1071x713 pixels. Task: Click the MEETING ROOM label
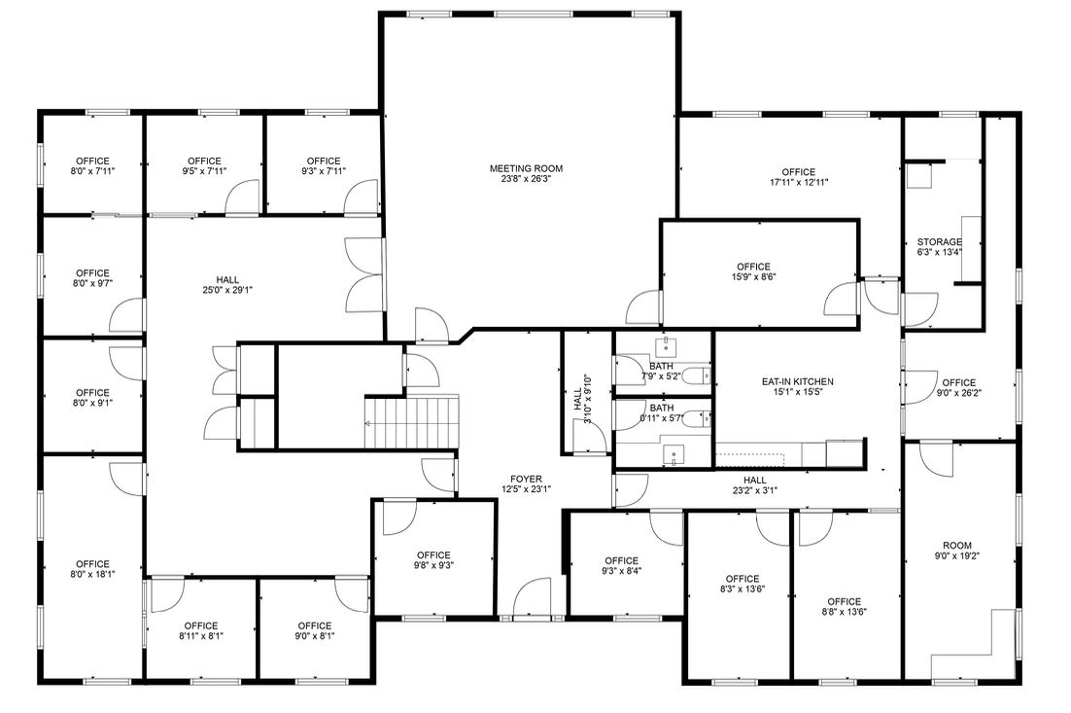pyautogui.click(x=526, y=168)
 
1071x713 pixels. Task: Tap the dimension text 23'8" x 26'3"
pyautogui.click(x=526, y=179)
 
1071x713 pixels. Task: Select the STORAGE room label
pyautogui.click(x=939, y=242)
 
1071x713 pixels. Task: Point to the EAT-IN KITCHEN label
pyautogui.click(x=798, y=381)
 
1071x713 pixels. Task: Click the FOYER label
pyautogui.click(x=526, y=479)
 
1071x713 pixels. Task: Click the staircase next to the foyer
pyautogui.click(x=410, y=421)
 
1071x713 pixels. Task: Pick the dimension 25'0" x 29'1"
pyautogui.click(x=227, y=290)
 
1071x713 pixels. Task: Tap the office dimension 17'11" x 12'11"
pyautogui.click(x=798, y=182)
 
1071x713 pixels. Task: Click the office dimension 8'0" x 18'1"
pyautogui.click(x=92, y=574)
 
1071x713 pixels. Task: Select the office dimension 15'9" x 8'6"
pyautogui.click(x=753, y=276)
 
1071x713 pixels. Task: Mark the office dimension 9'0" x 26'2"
pyautogui.click(x=957, y=393)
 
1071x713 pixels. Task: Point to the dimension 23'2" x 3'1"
pyautogui.click(x=754, y=490)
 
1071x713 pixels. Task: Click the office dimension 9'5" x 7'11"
pyautogui.click(x=204, y=171)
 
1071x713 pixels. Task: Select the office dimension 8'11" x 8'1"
pyautogui.click(x=200, y=636)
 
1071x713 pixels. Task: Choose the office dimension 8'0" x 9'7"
pyautogui.click(x=92, y=284)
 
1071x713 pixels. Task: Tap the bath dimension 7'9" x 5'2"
pyautogui.click(x=661, y=375)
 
